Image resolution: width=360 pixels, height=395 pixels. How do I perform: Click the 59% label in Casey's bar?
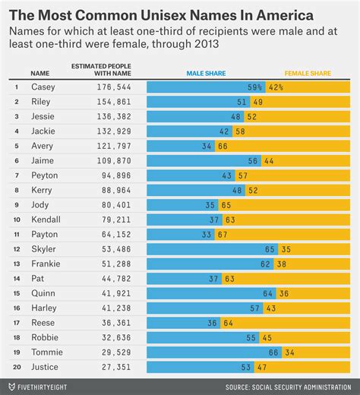coord(254,87)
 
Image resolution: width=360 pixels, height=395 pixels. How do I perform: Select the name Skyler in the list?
coord(43,249)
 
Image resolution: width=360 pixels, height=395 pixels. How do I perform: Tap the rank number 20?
coord(15,367)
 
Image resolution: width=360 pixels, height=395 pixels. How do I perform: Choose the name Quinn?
coord(41,293)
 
